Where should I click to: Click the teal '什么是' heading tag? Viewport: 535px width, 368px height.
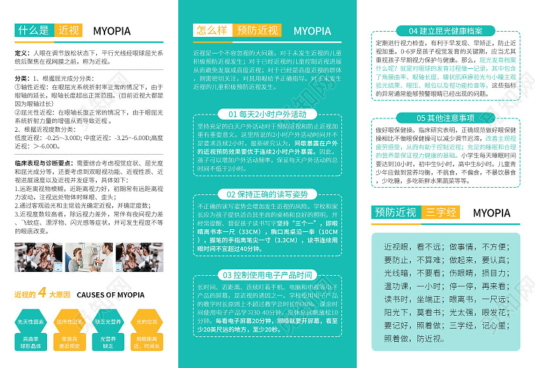pos(34,30)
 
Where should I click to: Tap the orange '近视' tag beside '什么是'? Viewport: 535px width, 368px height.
pos(69,30)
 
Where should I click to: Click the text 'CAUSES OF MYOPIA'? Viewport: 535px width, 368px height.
pos(110,295)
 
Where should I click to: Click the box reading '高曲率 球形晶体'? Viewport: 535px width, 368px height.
pos(31,343)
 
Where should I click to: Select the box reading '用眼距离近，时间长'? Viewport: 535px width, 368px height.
pos(147,343)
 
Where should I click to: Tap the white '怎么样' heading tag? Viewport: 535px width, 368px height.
pos(212,30)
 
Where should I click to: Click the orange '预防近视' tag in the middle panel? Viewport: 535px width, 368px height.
pos(257,30)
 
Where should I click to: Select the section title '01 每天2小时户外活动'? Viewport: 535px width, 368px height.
pos(267,114)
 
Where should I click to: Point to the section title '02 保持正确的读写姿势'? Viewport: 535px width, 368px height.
pos(267,194)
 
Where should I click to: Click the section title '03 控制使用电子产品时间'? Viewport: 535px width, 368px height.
pos(267,275)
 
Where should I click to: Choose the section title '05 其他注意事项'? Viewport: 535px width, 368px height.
pos(445,118)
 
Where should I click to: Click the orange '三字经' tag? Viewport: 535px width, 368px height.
pos(441,212)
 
